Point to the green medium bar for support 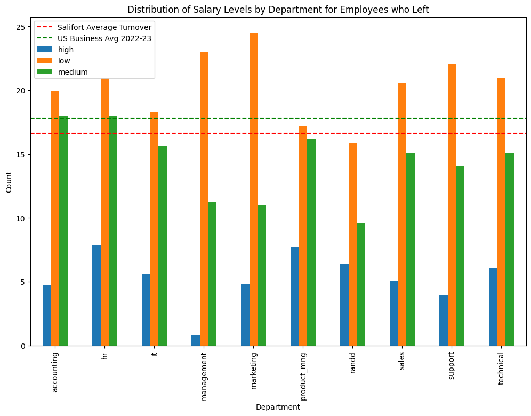460,256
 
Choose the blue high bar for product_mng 295,297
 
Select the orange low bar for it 154,229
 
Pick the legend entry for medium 73,72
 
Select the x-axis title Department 278,407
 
